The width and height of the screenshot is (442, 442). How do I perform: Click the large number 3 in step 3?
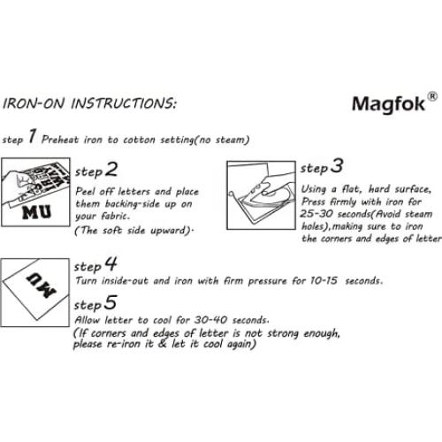338,165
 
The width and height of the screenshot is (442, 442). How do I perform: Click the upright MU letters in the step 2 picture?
40,215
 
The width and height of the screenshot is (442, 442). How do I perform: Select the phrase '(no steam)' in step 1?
222,140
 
